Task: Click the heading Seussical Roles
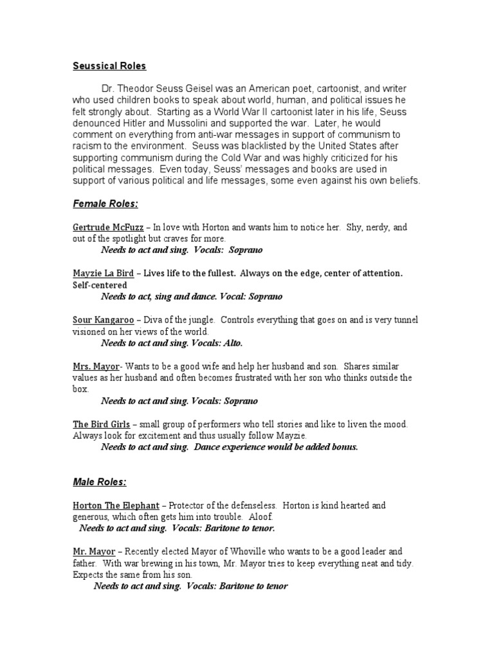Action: coord(109,66)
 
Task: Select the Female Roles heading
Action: coord(105,204)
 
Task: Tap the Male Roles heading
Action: coord(99,481)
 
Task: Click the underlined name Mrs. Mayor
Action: coord(96,366)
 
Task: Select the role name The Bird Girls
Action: coord(101,424)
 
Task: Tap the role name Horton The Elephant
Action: coord(114,505)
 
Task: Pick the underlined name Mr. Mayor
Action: coord(94,552)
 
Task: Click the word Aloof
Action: coord(259,517)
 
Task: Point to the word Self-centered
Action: coord(100,285)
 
